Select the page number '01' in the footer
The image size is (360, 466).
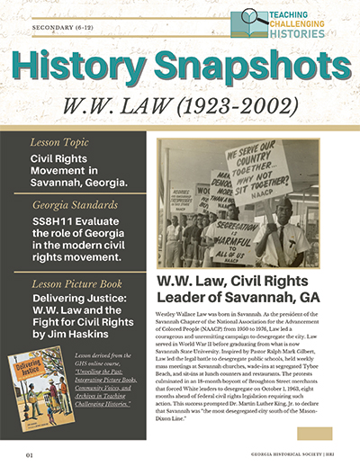pos(30,455)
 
